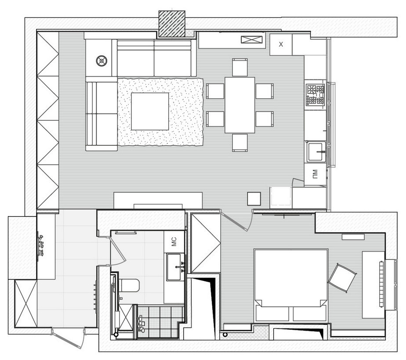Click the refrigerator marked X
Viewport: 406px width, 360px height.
281,45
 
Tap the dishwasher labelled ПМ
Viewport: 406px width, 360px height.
315,174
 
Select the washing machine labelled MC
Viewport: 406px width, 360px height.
174,242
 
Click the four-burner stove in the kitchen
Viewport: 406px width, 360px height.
315,95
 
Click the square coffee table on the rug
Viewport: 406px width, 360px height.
150,111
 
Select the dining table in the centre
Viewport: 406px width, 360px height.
239,105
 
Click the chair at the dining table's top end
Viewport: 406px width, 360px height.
239,67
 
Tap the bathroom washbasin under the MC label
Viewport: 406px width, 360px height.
174,267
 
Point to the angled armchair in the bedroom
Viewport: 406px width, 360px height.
342,277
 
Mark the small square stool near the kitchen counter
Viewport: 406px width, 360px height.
254,198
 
